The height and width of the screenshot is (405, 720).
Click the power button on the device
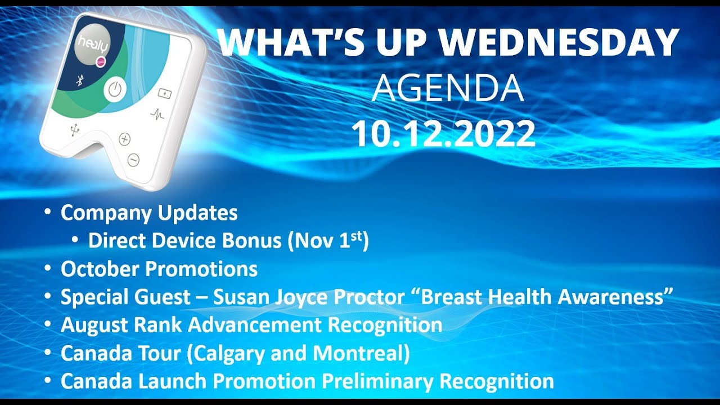point(114,90)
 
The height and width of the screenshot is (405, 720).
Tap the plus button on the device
point(124,139)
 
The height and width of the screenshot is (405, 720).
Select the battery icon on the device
point(165,93)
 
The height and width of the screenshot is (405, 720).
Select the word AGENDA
point(448,88)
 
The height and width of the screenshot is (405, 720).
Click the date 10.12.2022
point(443,134)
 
